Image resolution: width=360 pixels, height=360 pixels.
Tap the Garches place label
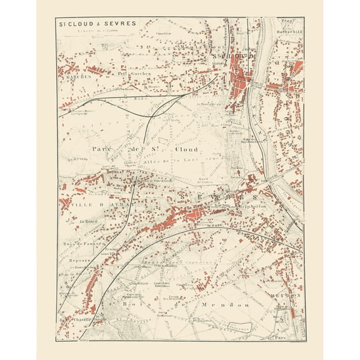(73, 78)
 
